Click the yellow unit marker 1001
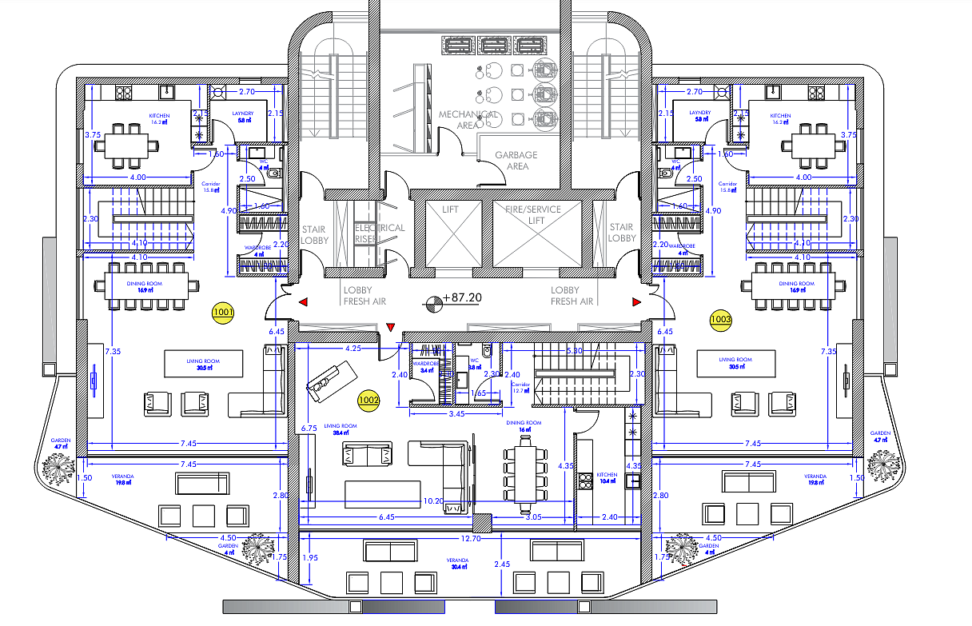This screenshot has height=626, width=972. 223,313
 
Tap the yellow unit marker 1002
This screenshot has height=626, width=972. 368,400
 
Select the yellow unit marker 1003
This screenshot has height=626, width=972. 720,321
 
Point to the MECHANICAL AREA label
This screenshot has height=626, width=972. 468,120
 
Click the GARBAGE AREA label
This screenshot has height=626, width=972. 516,161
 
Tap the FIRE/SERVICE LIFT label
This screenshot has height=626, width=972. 532,214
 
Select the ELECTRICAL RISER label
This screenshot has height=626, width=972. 380,233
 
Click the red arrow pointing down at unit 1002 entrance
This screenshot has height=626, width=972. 390,327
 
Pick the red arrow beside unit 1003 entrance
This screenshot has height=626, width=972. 636,302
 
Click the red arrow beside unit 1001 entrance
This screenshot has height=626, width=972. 305,302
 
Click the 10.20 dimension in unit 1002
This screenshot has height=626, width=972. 434,501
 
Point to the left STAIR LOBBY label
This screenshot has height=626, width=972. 313,233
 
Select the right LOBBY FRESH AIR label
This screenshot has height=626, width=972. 572,296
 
